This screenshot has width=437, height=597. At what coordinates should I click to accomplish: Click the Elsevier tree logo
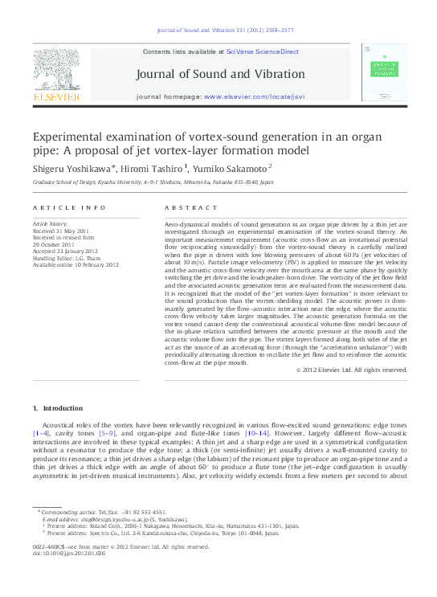(x=56, y=70)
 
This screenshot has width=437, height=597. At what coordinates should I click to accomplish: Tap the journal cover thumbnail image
(x=383, y=72)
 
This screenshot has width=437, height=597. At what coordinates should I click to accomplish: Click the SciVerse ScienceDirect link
(x=262, y=51)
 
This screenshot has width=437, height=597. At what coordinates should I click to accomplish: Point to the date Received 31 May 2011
(x=61, y=231)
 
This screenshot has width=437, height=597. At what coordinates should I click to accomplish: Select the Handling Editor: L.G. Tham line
(x=68, y=257)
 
